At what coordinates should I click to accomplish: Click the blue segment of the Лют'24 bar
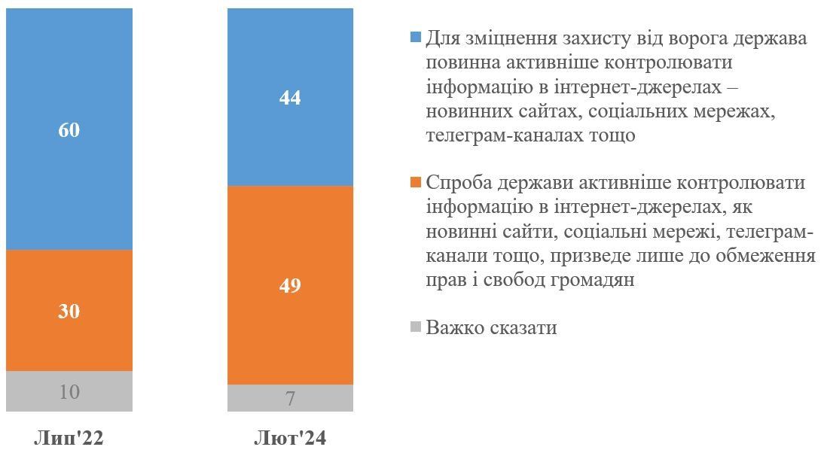coord(290,143)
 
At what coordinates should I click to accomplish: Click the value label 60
coord(69,130)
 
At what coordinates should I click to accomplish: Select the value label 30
coord(69,312)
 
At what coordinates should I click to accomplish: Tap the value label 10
coord(69,392)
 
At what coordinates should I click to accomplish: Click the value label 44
coord(290,98)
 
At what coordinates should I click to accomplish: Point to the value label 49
coord(290,286)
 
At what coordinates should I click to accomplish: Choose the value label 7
coord(291,399)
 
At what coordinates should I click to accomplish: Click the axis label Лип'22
coord(69,438)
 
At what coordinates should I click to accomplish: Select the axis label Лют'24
coord(290,438)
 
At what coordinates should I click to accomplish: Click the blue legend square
coord(415,38)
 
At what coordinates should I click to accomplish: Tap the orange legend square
coord(415,183)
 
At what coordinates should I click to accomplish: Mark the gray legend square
coord(415,327)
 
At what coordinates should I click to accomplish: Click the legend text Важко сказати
coord(491,328)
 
